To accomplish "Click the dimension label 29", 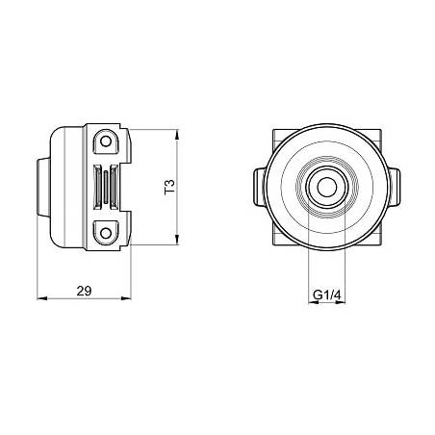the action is coord(84,291).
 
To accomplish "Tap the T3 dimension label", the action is coord(170,187).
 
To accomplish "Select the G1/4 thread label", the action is coord(326,294).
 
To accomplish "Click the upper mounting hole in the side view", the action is coord(106,141).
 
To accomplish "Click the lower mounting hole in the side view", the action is coord(106,233).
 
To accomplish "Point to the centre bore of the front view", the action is coord(327,187).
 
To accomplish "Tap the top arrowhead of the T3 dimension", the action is coord(177,135).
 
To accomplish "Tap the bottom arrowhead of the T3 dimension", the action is coord(177,240).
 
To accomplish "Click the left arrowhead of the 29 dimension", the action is coord(42,298).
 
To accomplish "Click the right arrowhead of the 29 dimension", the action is coord(126,298).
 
